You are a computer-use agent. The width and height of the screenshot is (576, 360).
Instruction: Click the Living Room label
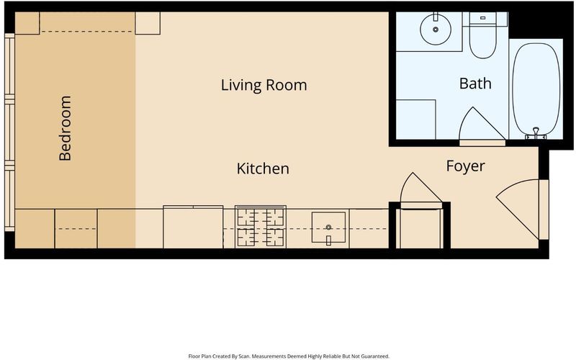(264, 85)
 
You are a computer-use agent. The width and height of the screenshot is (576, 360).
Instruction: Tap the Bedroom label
(65, 128)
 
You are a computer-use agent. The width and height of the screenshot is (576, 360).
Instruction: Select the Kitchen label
(263, 168)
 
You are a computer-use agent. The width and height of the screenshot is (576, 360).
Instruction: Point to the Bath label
(475, 84)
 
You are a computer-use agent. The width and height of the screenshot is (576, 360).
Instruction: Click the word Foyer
(465, 166)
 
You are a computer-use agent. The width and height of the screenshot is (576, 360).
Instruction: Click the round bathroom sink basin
(436, 30)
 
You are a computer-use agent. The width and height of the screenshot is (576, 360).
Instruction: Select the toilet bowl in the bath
(483, 41)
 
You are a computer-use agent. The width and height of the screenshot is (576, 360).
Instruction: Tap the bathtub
(536, 89)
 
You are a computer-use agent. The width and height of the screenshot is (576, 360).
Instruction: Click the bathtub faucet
(536, 133)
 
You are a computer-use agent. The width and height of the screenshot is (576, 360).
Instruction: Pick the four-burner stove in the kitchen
(261, 226)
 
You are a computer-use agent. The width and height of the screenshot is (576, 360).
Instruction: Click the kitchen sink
(328, 228)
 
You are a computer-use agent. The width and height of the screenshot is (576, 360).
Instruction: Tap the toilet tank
(482, 18)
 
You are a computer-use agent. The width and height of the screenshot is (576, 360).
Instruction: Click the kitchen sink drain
(328, 228)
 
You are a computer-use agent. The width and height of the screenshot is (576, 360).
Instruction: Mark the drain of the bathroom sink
(436, 30)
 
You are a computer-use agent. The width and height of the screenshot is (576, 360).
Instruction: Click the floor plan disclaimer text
(289, 356)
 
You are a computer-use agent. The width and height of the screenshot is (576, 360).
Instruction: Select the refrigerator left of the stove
(193, 227)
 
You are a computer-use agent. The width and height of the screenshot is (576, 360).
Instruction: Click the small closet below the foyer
(420, 228)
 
